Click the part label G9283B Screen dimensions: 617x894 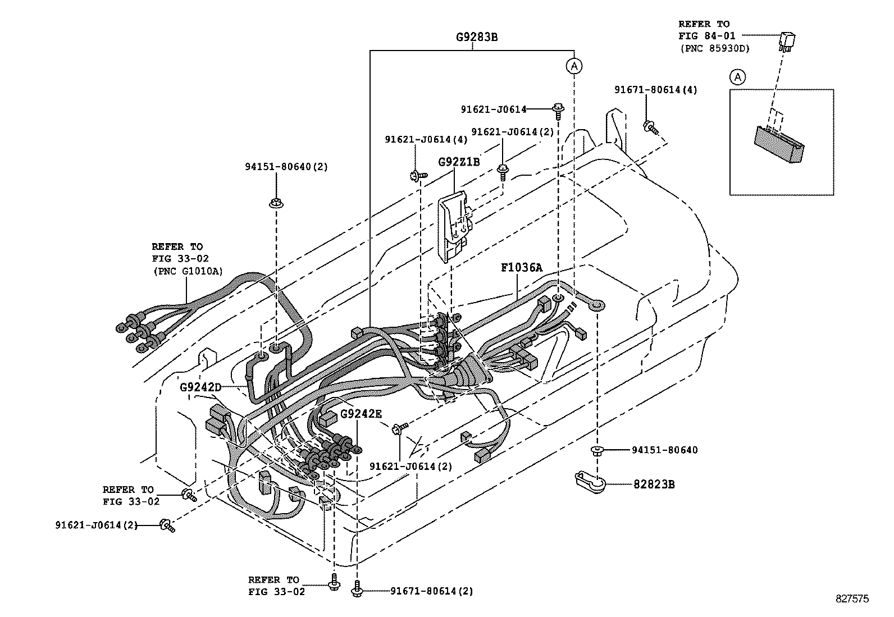(x=476, y=38)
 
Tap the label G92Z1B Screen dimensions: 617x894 (x=459, y=162)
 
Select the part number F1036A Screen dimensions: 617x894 (x=522, y=268)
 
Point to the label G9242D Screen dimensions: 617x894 (x=200, y=387)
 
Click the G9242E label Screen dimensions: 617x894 (x=361, y=414)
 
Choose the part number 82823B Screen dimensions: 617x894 (x=654, y=484)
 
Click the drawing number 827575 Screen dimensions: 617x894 (x=852, y=599)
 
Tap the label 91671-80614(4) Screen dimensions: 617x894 (x=655, y=90)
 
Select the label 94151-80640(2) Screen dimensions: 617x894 (x=286, y=167)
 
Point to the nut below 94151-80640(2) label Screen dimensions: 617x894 (x=276, y=203)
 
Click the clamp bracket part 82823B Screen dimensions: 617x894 (x=588, y=482)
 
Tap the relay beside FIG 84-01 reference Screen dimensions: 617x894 (x=786, y=41)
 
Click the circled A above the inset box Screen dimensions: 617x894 (x=738, y=77)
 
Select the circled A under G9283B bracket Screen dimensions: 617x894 (x=573, y=66)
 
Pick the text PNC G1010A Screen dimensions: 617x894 (x=188, y=271)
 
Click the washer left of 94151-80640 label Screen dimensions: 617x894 (x=597, y=450)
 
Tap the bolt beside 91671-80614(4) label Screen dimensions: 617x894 (x=651, y=127)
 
